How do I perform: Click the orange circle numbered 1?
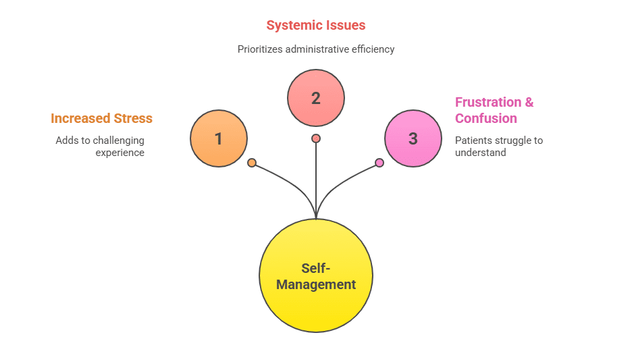[218, 138]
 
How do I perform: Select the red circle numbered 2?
[316, 98]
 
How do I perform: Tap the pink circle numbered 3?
[413, 138]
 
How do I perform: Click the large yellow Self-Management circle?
[316, 276]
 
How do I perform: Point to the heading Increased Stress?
[101, 118]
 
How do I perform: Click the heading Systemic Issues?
[316, 26]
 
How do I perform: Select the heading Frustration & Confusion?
[494, 110]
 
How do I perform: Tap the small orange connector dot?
[252, 163]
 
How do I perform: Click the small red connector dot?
[316, 138]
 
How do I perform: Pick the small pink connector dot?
[379, 163]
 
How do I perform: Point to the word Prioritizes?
[260, 49]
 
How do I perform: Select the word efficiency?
[374, 49]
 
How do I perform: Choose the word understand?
[481, 153]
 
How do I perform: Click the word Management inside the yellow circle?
[316, 284]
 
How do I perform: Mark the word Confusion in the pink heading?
[486, 118]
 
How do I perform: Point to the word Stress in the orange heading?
[132, 118]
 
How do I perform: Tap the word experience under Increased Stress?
[120, 153]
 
